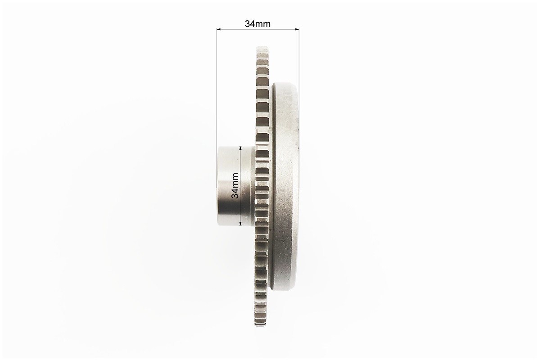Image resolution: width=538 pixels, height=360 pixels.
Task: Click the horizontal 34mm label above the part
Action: click(258, 24)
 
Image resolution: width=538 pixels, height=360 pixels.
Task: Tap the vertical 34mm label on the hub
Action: click(235, 185)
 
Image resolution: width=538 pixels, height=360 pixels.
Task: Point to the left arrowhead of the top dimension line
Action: click(218, 30)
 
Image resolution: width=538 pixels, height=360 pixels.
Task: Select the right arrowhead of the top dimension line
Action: click(297, 30)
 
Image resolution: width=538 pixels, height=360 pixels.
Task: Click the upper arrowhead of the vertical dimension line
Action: click(240, 148)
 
